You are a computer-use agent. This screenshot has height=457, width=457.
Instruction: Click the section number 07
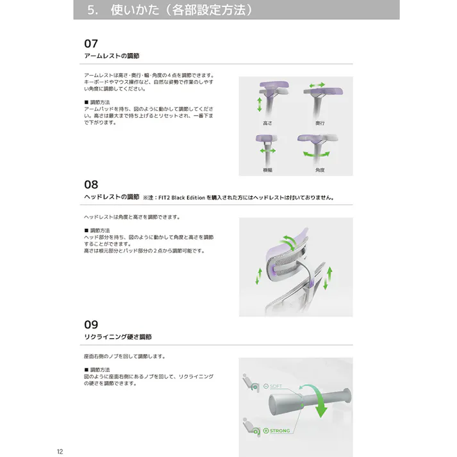[x=91, y=44]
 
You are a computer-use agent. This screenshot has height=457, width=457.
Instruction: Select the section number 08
[x=91, y=185]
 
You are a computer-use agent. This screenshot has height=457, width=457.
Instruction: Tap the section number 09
[x=91, y=324]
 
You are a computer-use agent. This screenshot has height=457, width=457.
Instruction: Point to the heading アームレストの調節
[x=112, y=56]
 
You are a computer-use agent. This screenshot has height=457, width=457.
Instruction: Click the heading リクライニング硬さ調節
[x=118, y=337]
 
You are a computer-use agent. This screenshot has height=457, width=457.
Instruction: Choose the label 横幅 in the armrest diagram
[x=268, y=170]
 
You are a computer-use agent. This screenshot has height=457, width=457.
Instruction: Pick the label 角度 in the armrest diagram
[x=319, y=170]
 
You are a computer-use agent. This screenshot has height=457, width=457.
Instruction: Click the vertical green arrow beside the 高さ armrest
[x=259, y=104]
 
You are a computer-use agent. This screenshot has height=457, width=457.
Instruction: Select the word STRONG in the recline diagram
[x=280, y=431]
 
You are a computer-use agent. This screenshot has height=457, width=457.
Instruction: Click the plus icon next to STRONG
[x=266, y=431]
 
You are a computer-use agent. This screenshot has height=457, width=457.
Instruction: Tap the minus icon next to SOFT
[x=265, y=386]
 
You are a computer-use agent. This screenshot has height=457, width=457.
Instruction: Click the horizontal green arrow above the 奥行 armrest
[x=317, y=85]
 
